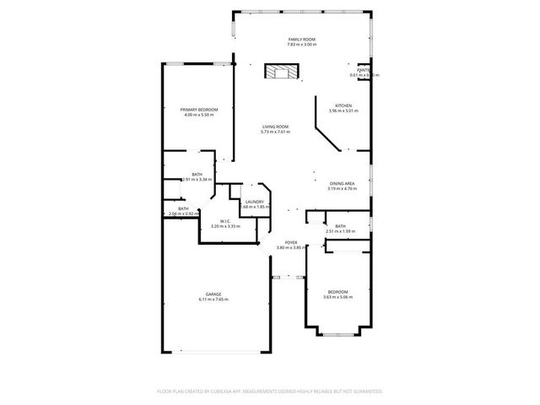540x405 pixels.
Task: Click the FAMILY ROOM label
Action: point(301,40)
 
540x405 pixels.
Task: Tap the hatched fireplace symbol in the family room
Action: point(282,72)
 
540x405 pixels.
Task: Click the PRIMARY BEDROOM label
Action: point(199,110)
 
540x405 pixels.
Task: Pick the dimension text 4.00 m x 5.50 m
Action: point(199,115)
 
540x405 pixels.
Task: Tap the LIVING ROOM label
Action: point(275,127)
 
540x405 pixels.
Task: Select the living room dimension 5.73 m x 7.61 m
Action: point(275,132)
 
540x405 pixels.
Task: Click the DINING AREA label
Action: point(342,184)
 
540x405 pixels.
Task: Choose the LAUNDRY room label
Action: point(254,202)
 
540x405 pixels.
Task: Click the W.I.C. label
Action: point(225,221)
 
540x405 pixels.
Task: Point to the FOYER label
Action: point(289,242)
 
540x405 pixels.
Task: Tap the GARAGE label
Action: point(213,294)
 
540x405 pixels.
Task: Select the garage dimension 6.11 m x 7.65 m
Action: point(213,299)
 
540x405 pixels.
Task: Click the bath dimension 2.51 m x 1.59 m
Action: point(340,231)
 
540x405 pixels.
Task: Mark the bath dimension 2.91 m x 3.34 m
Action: point(197,180)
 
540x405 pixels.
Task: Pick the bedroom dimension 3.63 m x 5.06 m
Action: point(337,297)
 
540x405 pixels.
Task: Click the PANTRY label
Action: point(364,70)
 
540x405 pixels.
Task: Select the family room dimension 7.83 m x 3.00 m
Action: point(301,45)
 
